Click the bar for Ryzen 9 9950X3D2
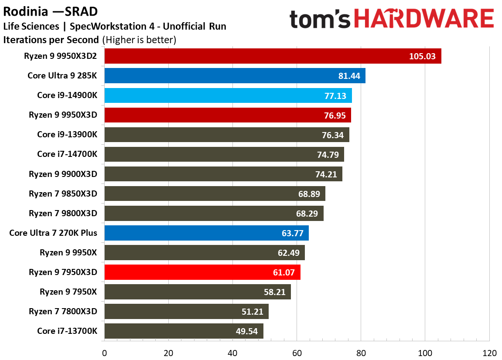point(273,56)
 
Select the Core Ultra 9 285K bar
point(235,75)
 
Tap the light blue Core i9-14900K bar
point(228,95)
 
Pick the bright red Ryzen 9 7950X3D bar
point(202,272)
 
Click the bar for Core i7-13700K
point(184,331)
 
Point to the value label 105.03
point(422,56)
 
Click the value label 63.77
point(292,233)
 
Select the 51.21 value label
point(252,312)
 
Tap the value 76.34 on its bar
point(333,136)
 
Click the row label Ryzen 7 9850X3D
point(63,194)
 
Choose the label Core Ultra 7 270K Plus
point(53,233)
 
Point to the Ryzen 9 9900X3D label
point(63,174)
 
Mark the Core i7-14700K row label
point(67,154)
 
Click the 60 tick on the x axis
point(297,353)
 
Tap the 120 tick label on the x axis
point(489,353)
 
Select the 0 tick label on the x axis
point(104,353)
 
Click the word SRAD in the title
point(81,11)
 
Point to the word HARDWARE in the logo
point(424,18)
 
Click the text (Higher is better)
point(139,40)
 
